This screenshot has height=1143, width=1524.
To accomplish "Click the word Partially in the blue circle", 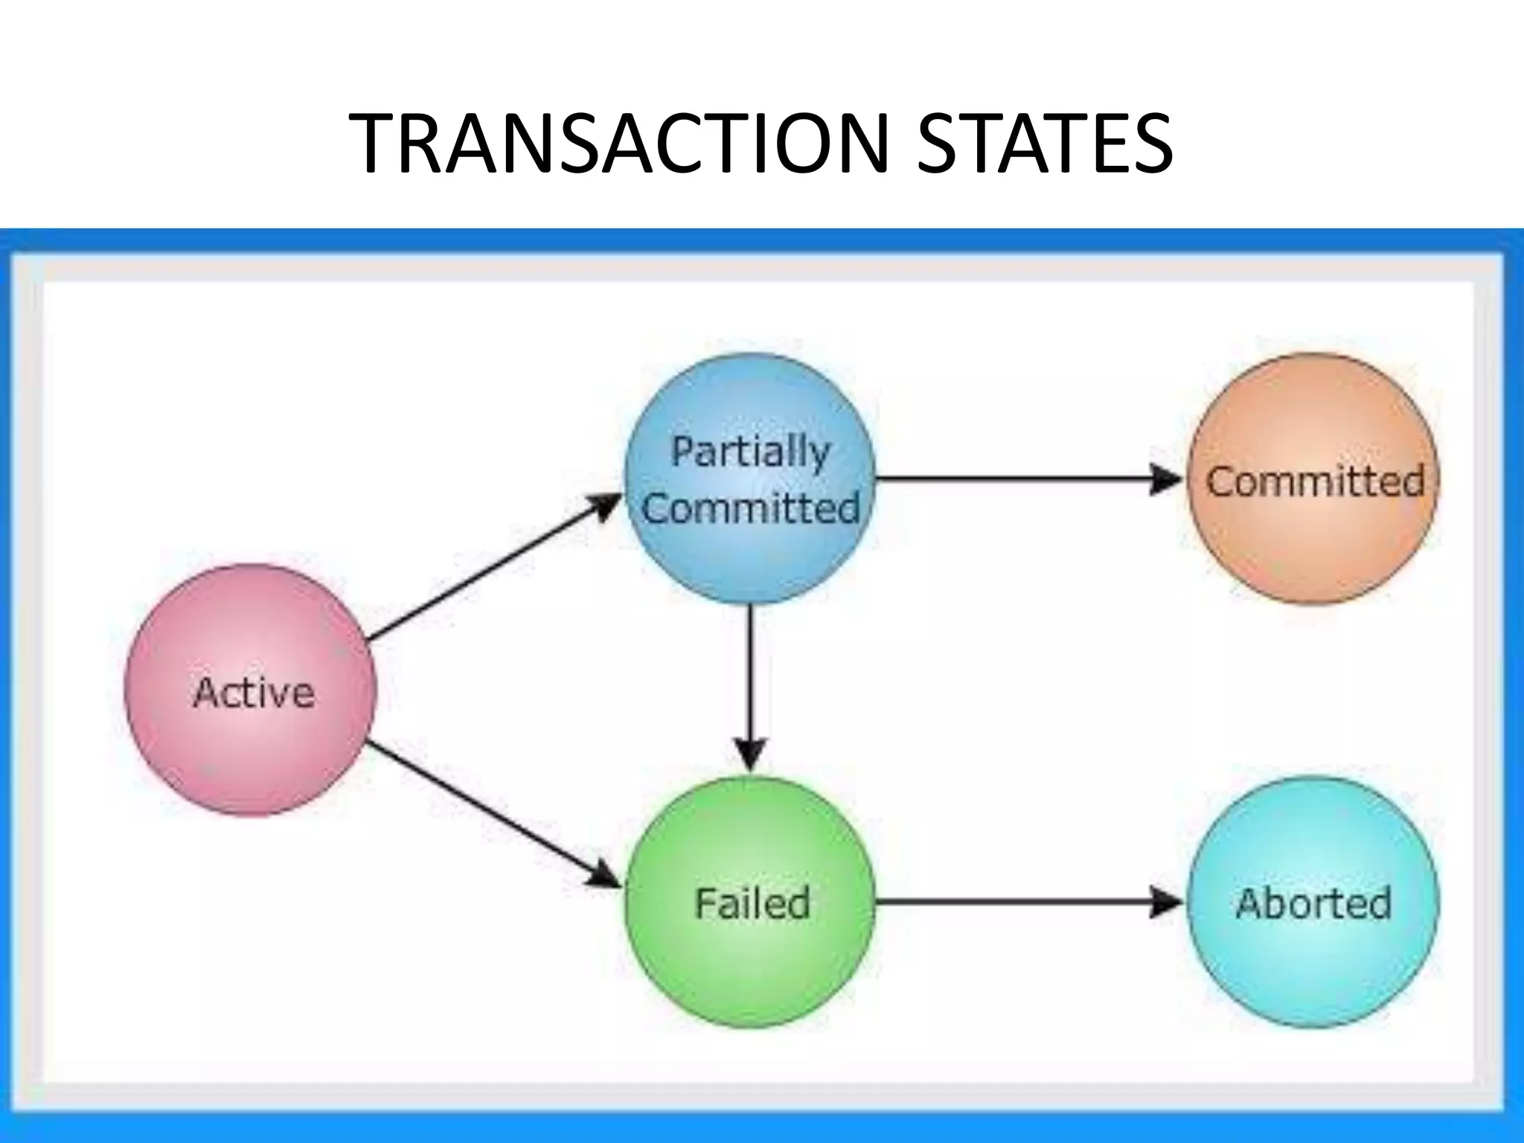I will (750, 451).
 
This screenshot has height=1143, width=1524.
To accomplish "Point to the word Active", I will (254, 693).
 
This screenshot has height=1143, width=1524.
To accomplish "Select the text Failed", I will (752, 903).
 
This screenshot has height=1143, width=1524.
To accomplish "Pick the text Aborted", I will (1313, 903).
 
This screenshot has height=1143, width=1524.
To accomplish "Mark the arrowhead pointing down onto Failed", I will (751, 755).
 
